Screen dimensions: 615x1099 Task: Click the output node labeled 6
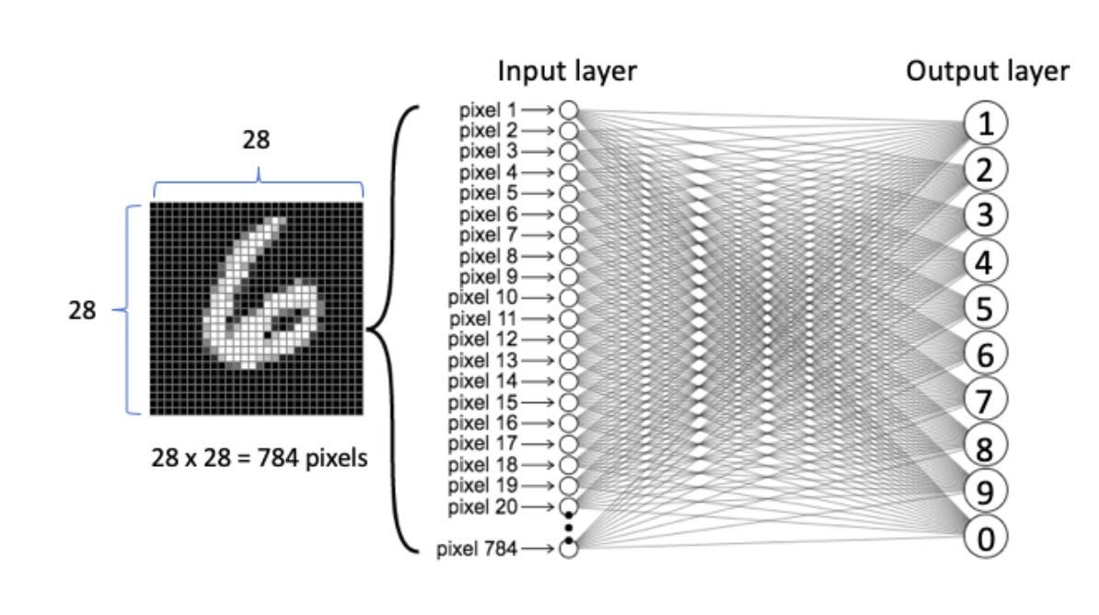[986, 354]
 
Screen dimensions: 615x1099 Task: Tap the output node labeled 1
[986, 123]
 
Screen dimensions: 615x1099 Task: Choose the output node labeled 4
[986, 261]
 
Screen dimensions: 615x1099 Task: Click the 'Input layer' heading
[567, 72]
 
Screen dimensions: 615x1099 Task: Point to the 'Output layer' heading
[988, 72]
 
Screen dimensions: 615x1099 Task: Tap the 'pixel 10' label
[482, 298]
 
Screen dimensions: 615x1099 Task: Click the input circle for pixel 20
[568, 506]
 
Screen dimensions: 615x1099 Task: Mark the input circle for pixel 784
[568, 550]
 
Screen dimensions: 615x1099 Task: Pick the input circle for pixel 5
[568, 193]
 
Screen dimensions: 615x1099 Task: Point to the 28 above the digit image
[257, 140]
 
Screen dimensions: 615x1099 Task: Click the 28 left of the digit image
[82, 311]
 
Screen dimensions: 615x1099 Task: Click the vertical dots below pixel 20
[569, 527]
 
